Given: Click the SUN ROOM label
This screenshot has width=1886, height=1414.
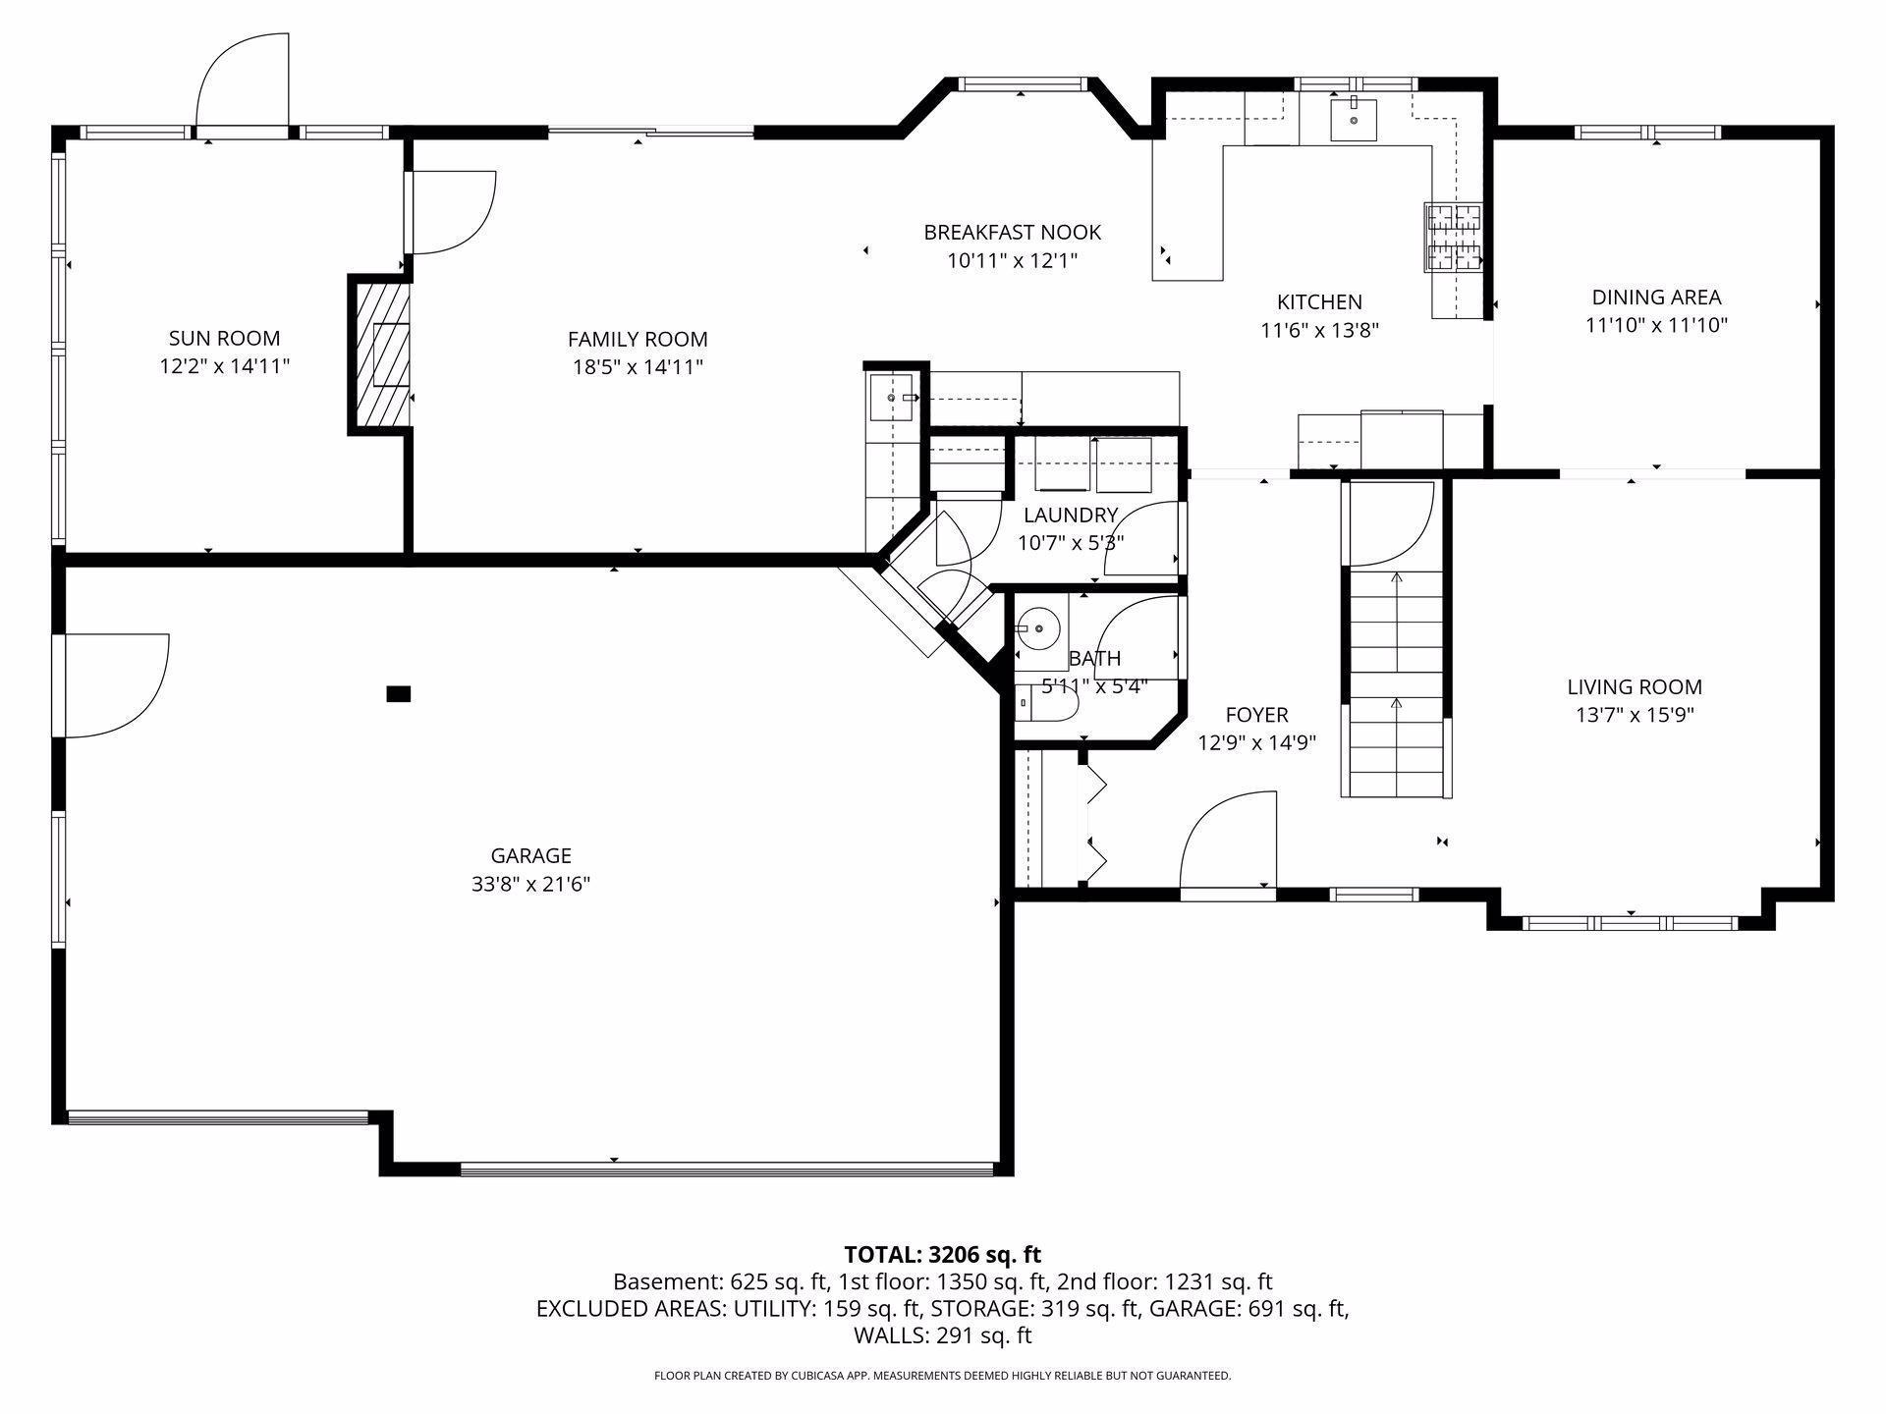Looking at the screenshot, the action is pos(225,339).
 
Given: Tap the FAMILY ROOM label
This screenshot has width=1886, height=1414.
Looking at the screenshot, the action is pos(638,340).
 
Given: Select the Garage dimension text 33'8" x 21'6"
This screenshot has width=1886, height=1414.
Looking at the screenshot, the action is pos(530,884).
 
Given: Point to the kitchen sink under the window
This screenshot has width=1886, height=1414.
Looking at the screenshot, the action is pos(1354,120).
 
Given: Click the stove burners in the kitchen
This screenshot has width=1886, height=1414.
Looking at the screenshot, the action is pos(1453,237).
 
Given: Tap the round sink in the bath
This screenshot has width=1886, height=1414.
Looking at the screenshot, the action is pos(1034,625).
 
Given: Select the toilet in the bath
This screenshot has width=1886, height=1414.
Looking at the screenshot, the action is pos(1045,703).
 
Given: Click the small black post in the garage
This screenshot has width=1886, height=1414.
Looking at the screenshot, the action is pos(398,694).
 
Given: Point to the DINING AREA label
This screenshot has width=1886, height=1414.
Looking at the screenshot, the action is pos(1656,298).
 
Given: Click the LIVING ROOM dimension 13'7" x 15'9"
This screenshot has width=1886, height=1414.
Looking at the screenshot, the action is pos(1635,715).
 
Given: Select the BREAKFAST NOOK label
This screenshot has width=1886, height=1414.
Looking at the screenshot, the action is pos(1012,233).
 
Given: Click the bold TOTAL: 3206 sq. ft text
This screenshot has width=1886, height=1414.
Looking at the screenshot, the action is pos(942,1254).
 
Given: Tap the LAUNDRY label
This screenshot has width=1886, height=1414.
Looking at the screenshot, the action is pos(1071,516).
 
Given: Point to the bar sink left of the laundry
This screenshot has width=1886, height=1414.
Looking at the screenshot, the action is pos(892,398).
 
